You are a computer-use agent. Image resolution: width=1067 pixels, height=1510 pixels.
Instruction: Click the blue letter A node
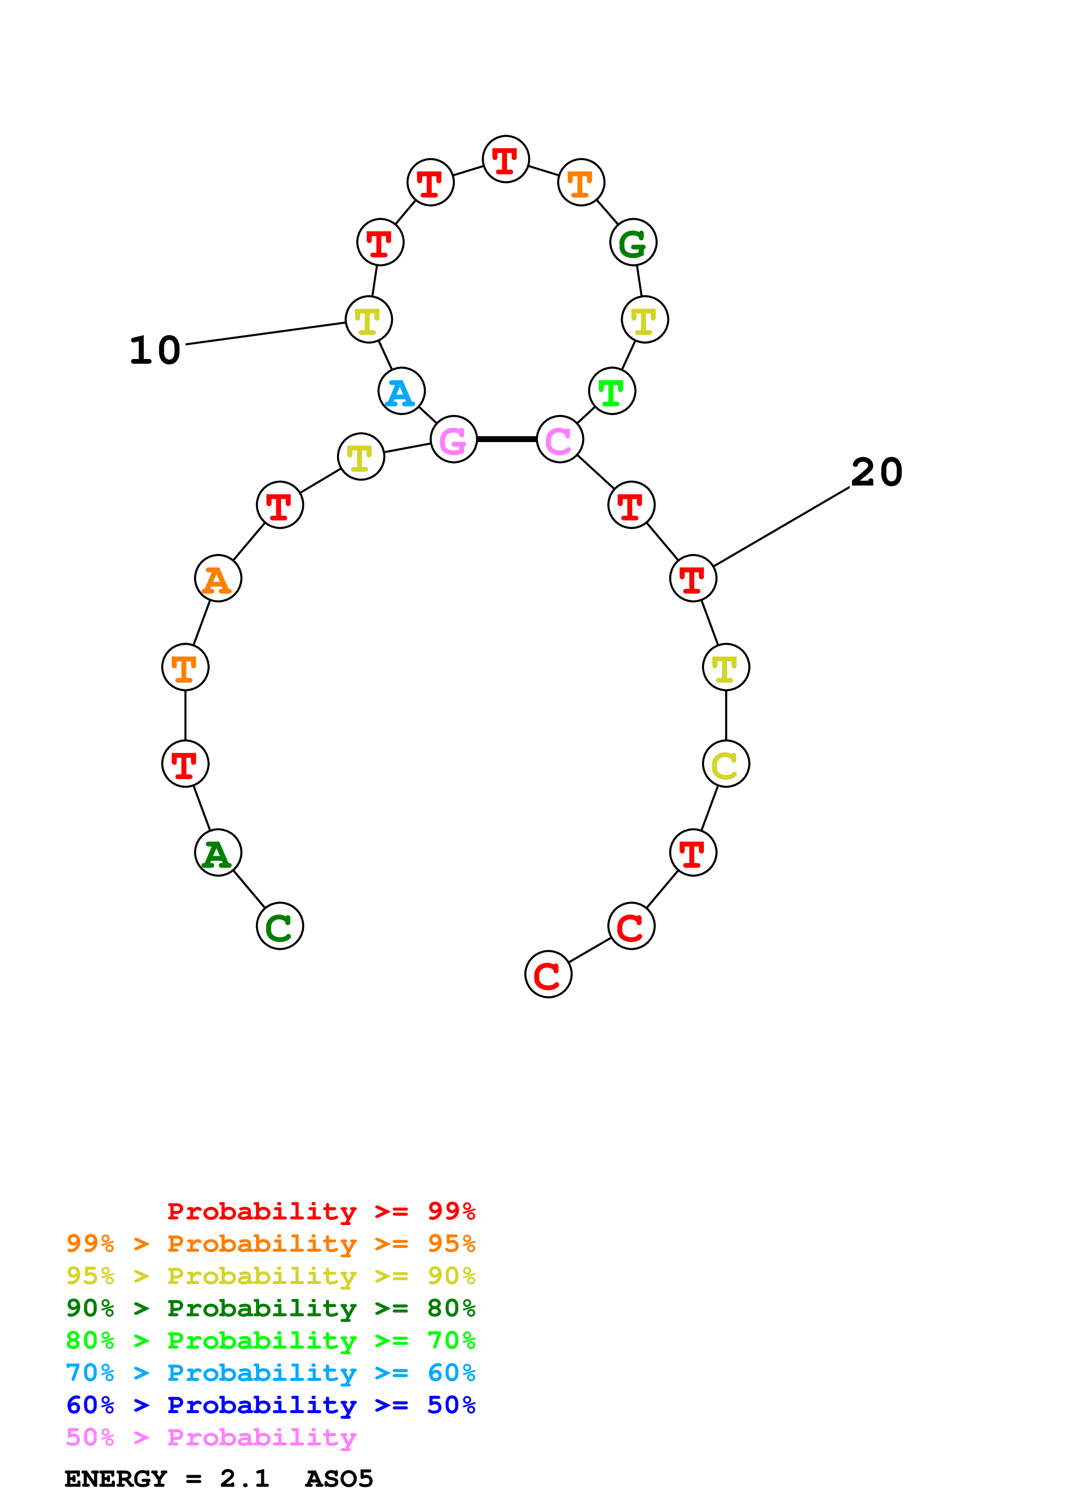tap(401, 391)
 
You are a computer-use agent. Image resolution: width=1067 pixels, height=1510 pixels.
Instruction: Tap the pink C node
tap(560, 439)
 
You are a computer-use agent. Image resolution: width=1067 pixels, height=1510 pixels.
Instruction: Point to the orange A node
tap(218, 579)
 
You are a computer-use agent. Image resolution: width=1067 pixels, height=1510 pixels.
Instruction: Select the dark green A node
tap(218, 853)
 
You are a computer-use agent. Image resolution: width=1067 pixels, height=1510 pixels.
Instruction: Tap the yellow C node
tap(725, 764)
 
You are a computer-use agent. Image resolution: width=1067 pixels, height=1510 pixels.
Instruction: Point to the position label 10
tap(155, 350)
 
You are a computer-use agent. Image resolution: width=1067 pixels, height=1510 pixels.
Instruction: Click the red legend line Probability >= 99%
tap(321, 1211)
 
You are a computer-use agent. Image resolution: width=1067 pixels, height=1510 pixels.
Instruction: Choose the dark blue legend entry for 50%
tap(270, 1405)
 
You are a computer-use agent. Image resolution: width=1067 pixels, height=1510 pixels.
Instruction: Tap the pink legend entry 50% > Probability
tap(211, 1438)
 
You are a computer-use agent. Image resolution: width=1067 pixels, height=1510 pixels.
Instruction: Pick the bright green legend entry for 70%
tap(270, 1340)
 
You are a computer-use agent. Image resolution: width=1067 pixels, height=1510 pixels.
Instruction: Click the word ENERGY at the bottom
tap(116, 1479)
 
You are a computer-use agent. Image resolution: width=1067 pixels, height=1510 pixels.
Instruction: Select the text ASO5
tap(339, 1479)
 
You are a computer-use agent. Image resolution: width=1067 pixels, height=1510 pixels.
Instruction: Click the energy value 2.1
tap(244, 1479)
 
